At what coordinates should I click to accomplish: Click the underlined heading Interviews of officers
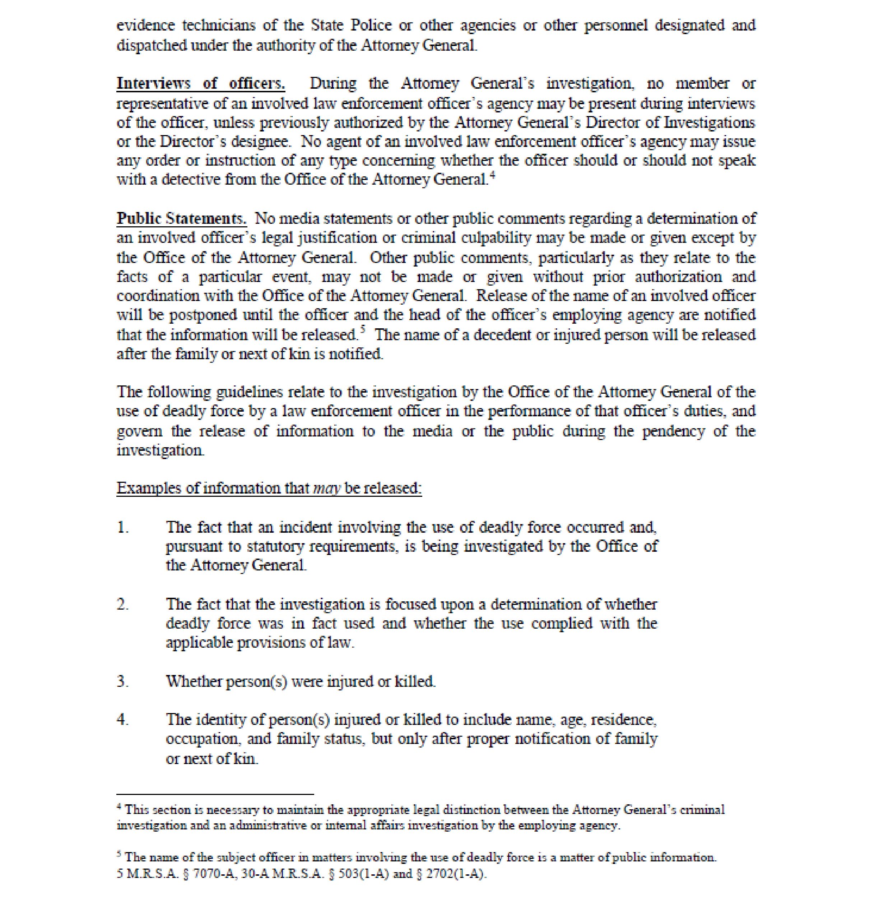click(200, 84)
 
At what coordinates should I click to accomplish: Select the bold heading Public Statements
click(181, 219)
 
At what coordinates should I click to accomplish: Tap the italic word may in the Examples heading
click(326, 489)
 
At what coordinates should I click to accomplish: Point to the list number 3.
click(122, 681)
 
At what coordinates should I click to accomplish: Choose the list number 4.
click(122, 720)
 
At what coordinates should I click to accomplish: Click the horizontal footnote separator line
click(215, 795)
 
